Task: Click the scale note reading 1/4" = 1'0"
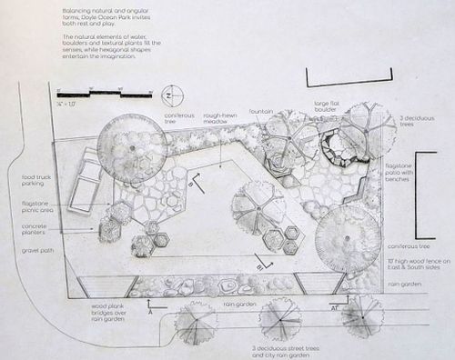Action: click(66, 104)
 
